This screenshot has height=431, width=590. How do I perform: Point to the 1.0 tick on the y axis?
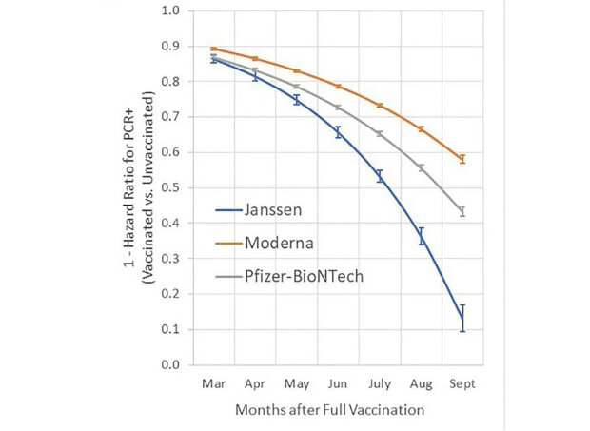172,12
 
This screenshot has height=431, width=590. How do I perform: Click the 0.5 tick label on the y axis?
172,188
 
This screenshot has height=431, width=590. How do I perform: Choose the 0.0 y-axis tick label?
172,365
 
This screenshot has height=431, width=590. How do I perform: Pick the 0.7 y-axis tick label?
172,118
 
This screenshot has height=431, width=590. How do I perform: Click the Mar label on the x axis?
213,384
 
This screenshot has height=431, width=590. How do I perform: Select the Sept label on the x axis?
462,384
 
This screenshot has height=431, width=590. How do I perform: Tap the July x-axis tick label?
379,384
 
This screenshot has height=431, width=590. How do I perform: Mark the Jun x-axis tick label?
338,384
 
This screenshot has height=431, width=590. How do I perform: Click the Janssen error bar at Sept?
462,318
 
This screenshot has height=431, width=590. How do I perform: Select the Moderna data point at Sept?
462,159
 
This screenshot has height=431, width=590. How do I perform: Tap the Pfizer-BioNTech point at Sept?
462,211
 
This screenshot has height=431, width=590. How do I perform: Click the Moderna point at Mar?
213,49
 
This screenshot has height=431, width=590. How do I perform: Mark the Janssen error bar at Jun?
338,132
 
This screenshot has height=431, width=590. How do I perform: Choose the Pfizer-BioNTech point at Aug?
421,167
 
